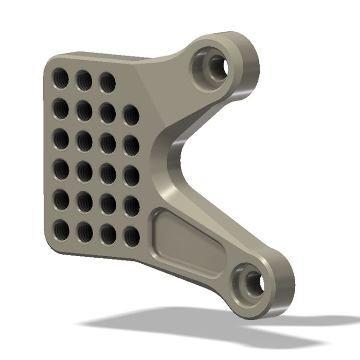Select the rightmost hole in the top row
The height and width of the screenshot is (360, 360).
click(107, 82)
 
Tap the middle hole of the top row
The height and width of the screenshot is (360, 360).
click(84, 80)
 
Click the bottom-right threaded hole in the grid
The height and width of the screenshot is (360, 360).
click(132, 236)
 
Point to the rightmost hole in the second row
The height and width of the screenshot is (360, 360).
click(131, 115)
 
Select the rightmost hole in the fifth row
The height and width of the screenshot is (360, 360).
click(132, 206)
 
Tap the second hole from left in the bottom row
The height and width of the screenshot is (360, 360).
click(84, 232)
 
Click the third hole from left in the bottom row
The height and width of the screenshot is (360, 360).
click(108, 234)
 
